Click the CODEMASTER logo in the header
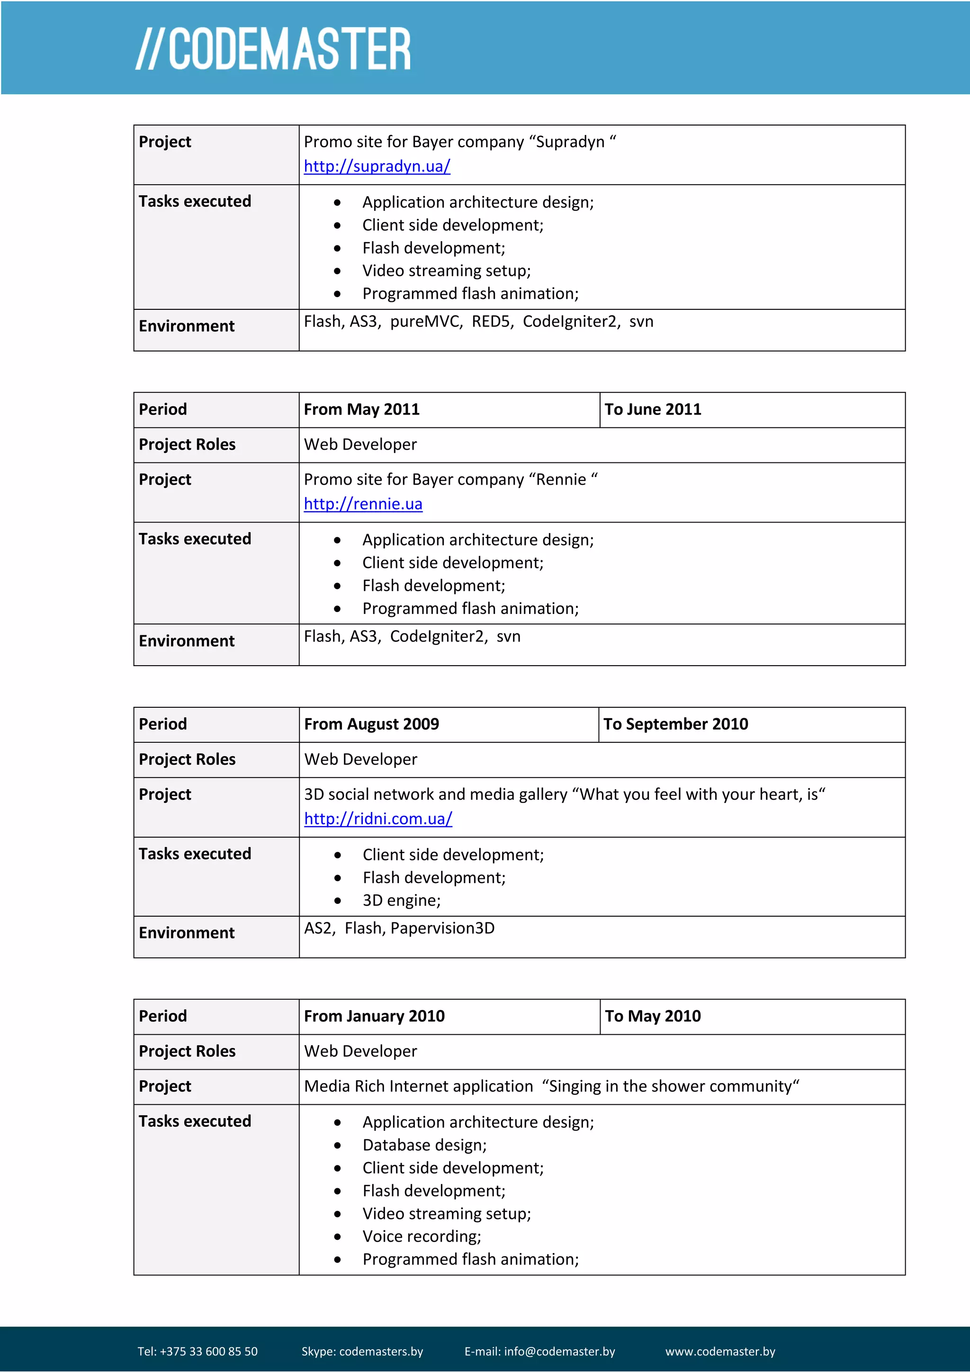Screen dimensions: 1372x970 pyautogui.click(x=273, y=49)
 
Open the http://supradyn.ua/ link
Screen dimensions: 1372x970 pyautogui.click(x=377, y=166)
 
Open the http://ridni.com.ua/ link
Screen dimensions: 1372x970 pyautogui.click(x=378, y=819)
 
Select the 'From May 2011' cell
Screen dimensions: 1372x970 pyautogui.click(x=361, y=409)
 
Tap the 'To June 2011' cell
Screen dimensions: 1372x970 pyautogui.click(x=652, y=409)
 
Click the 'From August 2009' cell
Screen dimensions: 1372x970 pyautogui.click(x=371, y=724)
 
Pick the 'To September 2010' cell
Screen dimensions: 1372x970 pyautogui.click(x=675, y=724)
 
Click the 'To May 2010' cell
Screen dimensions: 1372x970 pyautogui.click(x=652, y=1017)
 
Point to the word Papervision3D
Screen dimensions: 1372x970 pyautogui.click(x=442, y=929)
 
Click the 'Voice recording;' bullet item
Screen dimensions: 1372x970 pyautogui.click(x=421, y=1237)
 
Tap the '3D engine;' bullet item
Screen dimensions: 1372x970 pyautogui.click(x=401, y=901)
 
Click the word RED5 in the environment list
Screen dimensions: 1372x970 pyautogui.click(x=491, y=322)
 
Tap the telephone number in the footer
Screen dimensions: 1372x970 pyautogui.click(x=208, y=1352)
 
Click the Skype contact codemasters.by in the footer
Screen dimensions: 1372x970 pyautogui.click(x=380, y=1352)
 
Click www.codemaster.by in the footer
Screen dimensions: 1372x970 pyautogui.click(x=720, y=1352)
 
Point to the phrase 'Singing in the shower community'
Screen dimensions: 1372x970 pyautogui.click(x=670, y=1086)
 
